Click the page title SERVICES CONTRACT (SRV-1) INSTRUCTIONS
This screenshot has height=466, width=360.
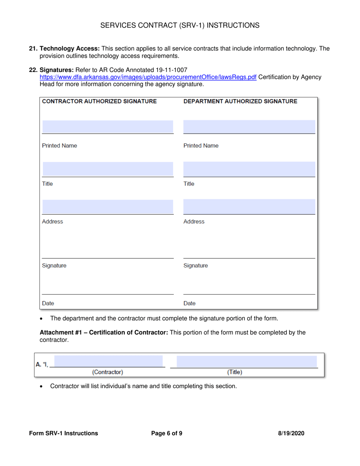point(180,25)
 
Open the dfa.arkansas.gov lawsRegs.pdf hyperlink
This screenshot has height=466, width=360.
point(148,77)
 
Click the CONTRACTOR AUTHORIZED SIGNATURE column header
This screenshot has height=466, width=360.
point(99,102)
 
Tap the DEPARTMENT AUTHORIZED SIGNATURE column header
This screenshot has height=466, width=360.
point(240,102)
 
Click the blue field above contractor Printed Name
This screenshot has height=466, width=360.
point(108,127)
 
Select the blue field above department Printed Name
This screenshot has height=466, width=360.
point(249,127)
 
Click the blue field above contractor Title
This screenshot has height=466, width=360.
point(108,169)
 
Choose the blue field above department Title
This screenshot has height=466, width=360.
point(249,169)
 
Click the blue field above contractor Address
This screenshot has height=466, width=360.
point(108,206)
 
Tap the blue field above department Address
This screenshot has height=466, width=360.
point(249,206)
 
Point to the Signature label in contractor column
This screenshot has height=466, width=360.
point(54,266)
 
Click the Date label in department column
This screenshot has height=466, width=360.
point(189,303)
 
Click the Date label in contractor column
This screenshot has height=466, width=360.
point(48,303)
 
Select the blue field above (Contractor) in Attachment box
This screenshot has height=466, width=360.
point(108,361)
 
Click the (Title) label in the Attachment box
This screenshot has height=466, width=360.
point(235,372)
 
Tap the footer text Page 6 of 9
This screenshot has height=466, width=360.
point(166,433)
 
